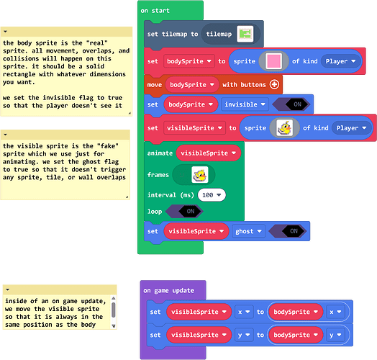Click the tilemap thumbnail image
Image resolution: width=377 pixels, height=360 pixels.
point(245,34)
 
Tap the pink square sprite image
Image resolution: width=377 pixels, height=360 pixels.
point(273,61)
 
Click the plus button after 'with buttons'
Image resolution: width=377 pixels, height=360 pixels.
point(274,84)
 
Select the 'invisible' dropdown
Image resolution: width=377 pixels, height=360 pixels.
point(245,104)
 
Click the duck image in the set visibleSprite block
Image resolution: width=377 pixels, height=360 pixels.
point(284,127)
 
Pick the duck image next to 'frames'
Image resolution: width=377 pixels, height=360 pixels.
point(200,175)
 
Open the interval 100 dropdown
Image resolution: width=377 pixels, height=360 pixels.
point(212,195)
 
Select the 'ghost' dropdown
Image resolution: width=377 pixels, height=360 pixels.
point(248,231)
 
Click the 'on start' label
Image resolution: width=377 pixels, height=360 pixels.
point(155,11)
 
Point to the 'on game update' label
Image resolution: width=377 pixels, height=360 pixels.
point(168,290)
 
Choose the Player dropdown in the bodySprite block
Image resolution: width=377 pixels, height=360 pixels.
point(340,61)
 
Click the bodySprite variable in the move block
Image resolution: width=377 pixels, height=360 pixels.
point(192,84)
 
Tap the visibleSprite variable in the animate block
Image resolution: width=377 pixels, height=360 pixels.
point(208,153)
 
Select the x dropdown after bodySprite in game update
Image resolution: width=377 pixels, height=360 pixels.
point(335,312)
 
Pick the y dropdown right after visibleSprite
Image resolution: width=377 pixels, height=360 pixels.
point(244,335)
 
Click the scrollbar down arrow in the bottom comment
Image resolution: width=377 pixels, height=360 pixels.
point(114,326)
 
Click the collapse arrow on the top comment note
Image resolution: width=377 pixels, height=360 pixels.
point(6,31)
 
